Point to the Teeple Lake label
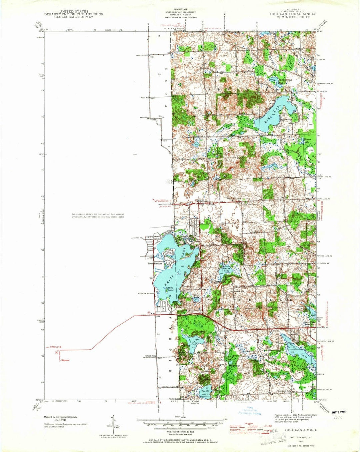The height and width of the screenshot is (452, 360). pos(205,393)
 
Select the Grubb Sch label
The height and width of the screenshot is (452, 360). pos(151,356)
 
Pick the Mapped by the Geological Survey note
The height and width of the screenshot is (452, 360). pos(60,417)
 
